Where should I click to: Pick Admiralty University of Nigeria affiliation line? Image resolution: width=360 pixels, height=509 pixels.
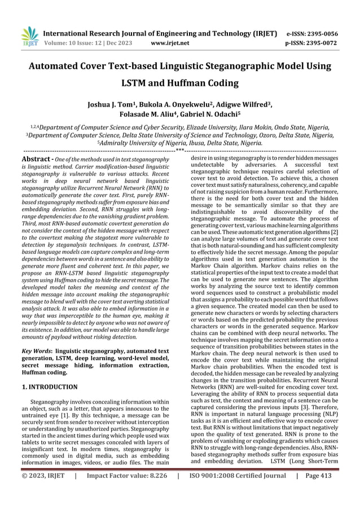179,143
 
